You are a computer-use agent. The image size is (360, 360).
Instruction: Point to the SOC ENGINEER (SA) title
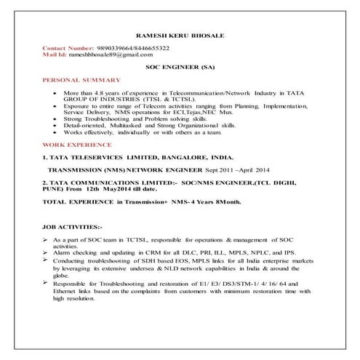tap(178, 67)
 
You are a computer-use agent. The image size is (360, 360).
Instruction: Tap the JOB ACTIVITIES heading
tap(73, 227)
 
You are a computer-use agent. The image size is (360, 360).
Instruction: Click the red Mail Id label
tap(54, 55)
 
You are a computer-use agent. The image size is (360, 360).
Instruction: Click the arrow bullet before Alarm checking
tap(45, 251)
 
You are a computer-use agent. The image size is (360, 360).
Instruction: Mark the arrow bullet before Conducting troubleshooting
tap(45, 258)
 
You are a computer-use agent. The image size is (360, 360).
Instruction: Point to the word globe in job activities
tap(63, 276)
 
